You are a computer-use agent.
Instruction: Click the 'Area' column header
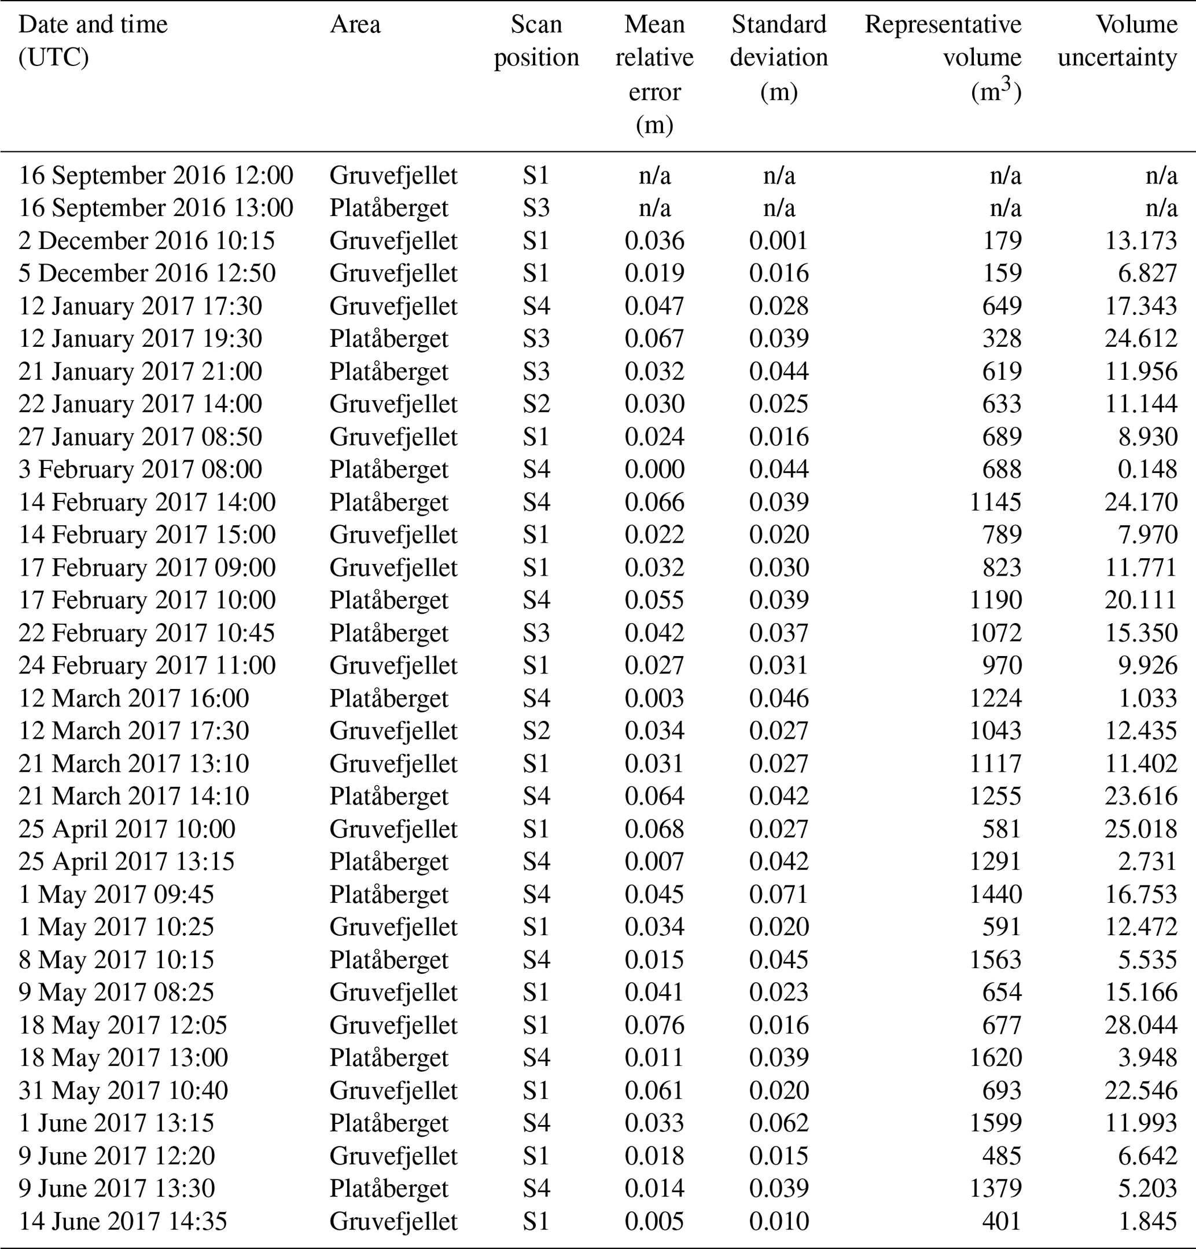(x=355, y=25)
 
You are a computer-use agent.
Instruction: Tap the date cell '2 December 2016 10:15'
(x=146, y=241)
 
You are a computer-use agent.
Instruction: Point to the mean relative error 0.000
(x=654, y=470)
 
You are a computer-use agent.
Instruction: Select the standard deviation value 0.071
(x=778, y=894)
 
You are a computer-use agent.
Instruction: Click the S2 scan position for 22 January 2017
(x=536, y=404)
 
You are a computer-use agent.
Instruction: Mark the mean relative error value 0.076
(x=654, y=1025)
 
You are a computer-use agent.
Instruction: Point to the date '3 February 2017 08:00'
(x=140, y=470)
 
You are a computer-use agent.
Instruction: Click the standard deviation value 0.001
(x=778, y=241)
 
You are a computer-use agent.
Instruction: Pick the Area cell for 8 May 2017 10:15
(x=388, y=959)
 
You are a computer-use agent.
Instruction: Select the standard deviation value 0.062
(x=778, y=1123)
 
